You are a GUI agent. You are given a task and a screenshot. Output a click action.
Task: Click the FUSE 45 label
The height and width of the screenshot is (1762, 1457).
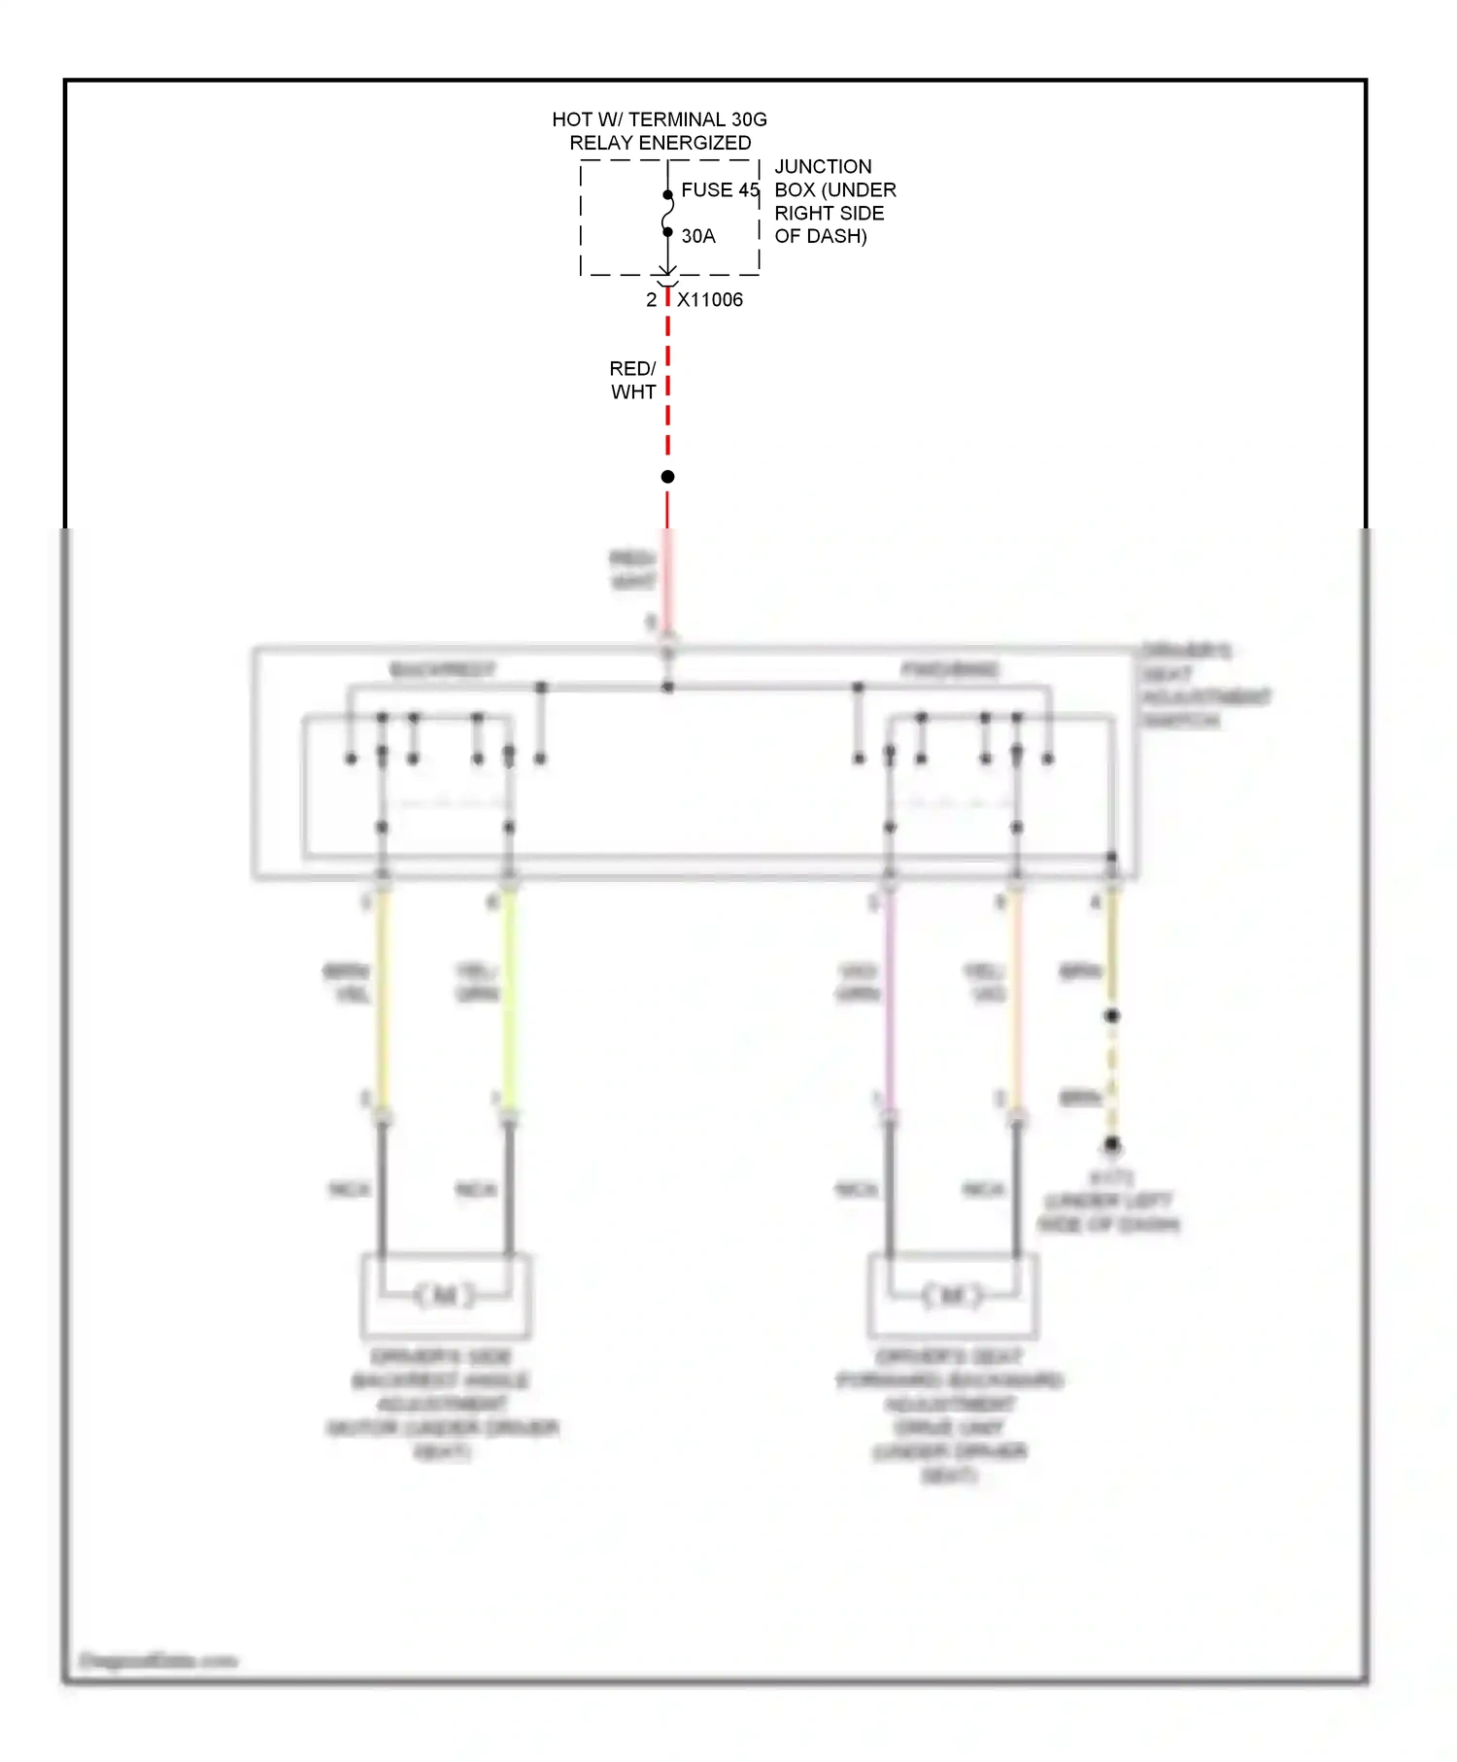(x=720, y=190)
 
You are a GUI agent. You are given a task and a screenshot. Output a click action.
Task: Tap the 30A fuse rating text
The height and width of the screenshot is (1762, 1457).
(x=698, y=236)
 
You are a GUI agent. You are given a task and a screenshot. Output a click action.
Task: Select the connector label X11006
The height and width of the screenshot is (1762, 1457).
(x=710, y=300)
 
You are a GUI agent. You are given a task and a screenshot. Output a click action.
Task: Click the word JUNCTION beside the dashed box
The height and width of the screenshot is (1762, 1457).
(x=823, y=167)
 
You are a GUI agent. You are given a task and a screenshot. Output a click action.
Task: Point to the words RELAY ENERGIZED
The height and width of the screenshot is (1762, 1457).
(x=661, y=143)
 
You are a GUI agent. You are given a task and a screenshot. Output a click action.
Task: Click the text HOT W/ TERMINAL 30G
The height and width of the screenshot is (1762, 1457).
(x=660, y=119)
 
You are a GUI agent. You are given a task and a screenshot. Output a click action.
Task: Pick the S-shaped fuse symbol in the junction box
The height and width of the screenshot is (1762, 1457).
(x=668, y=214)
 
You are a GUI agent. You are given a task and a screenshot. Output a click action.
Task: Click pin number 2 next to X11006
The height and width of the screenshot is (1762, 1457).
(x=651, y=300)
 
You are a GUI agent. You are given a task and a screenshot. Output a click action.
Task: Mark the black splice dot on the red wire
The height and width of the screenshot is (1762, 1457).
(x=668, y=477)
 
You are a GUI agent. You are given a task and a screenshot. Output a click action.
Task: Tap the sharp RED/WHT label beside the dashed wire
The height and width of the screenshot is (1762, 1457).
(x=633, y=381)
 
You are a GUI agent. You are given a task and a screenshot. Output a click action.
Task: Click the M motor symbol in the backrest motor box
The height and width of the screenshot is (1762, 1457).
(x=446, y=1295)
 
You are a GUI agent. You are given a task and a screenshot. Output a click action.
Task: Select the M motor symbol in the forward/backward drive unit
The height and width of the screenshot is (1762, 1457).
(x=953, y=1295)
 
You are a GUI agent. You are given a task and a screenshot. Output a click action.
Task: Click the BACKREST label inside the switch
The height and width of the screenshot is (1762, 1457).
(x=442, y=670)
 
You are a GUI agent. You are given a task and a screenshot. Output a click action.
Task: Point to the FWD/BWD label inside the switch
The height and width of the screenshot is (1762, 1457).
(x=950, y=670)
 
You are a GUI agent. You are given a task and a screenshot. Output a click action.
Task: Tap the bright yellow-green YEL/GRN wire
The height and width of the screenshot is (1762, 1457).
(x=509, y=1000)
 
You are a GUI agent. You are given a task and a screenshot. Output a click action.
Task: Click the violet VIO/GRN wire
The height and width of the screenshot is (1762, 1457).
(x=889, y=1000)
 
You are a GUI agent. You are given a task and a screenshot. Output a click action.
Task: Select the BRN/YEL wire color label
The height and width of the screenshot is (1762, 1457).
(x=346, y=982)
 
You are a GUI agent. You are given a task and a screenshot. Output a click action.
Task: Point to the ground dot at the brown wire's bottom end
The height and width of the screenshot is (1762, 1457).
(x=1112, y=1144)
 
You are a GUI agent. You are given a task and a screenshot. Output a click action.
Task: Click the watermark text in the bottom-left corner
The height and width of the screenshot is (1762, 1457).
(x=158, y=1661)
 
